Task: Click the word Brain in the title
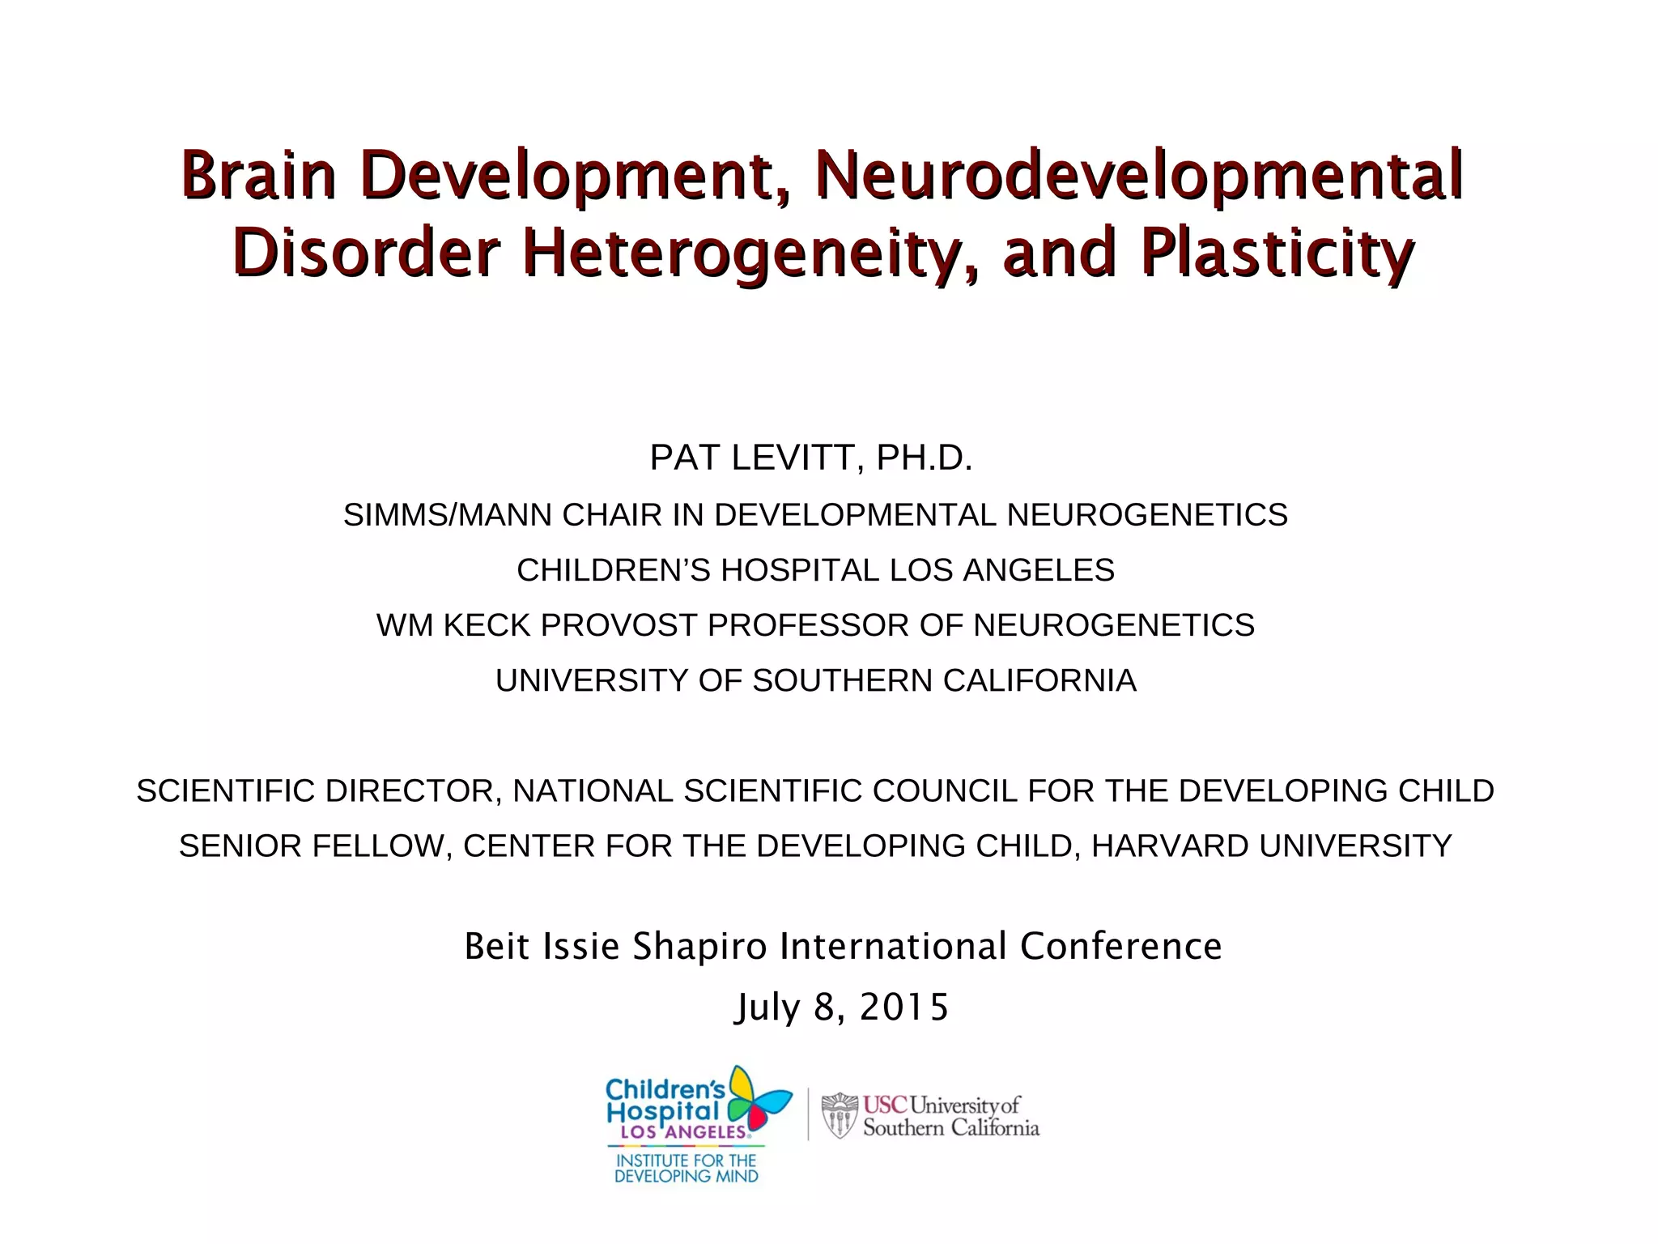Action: click(x=257, y=175)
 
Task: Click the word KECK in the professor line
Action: click(x=488, y=625)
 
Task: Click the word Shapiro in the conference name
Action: click(x=699, y=946)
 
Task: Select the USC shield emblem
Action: click(x=840, y=1116)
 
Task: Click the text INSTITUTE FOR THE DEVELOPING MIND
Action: click(x=686, y=1169)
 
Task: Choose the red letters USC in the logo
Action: click(x=885, y=1105)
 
